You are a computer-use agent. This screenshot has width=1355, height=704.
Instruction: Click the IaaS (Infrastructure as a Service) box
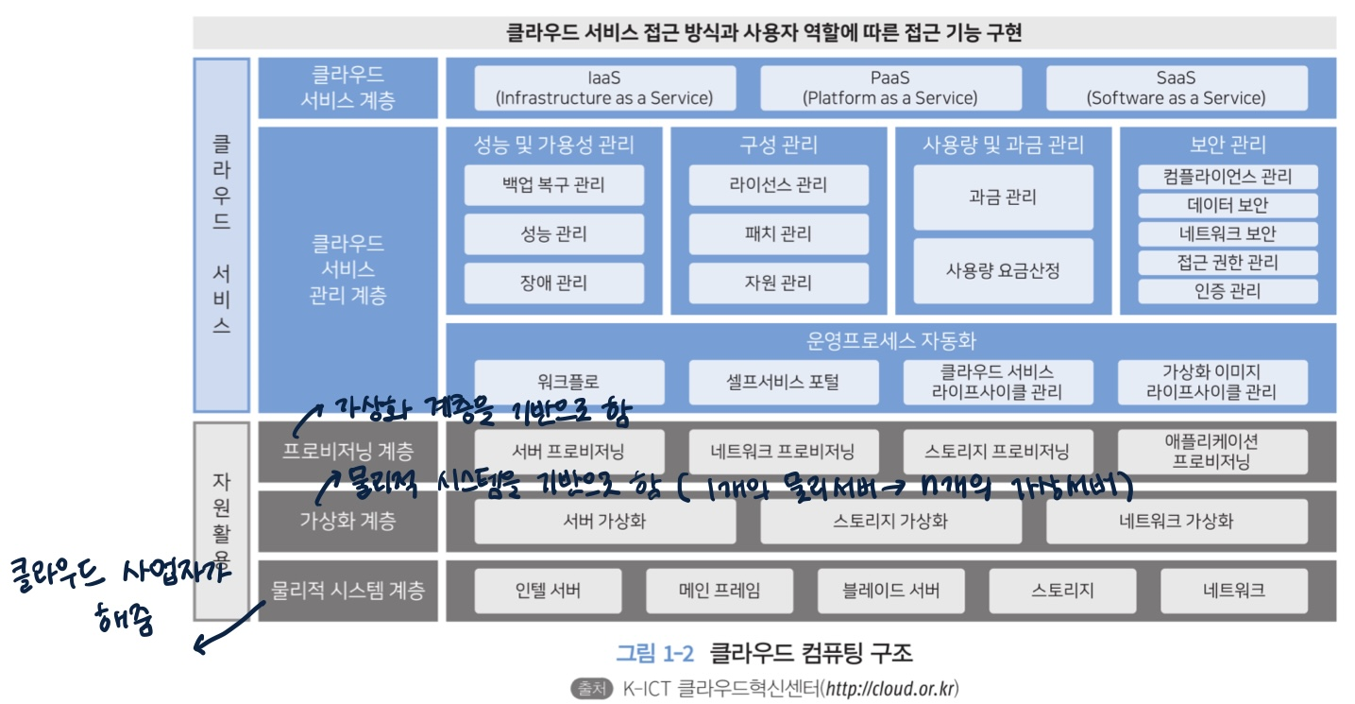tap(603, 88)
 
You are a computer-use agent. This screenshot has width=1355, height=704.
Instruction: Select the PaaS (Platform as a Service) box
tap(889, 88)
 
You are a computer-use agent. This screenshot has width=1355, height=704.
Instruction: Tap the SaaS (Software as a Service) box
tap(1176, 88)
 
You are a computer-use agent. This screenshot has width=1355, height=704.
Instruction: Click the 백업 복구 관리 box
tap(553, 185)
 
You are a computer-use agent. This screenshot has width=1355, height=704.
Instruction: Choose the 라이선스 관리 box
tap(778, 185)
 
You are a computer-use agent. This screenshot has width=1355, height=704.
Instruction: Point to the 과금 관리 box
tap(1003, 197)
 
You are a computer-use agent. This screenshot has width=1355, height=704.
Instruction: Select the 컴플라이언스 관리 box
tap(1227, 177)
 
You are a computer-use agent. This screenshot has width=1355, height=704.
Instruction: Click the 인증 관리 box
tap(1227, 291)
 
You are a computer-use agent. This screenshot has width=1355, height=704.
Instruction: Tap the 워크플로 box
tap(568, 382)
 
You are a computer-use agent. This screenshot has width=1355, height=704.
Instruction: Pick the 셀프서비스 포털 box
tap(783, 382)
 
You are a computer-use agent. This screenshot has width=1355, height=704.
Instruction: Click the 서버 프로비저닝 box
tap(568, 452)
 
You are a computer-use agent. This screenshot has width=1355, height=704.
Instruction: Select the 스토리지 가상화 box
tap(889, 521)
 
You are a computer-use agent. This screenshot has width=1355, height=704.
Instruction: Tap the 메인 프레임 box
tap(720, 592)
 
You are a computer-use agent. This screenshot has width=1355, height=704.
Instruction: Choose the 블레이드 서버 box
tap(890, 592)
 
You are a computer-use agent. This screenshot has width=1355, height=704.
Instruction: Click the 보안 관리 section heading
tap(1228, 145)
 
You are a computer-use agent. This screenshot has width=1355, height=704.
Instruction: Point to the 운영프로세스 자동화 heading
tap(889, 341)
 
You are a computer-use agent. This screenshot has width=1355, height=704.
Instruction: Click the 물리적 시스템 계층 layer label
tap(347, 592)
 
